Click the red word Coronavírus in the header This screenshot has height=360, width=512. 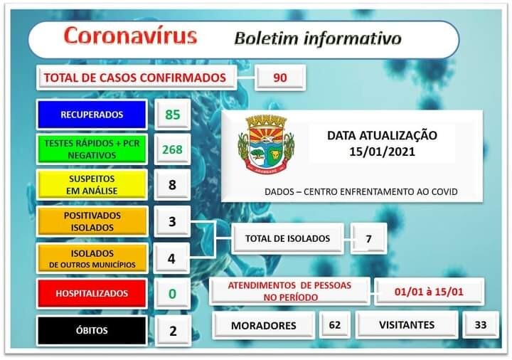(x=129, y=36)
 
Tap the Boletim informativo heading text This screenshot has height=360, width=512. (x=317, y=38)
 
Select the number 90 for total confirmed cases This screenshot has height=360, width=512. (x=280, y=78)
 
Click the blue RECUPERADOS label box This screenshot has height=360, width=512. (x=92, y=115)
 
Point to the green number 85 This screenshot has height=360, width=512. (x=172, y=115)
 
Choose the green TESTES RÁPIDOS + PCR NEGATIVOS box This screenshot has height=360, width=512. (x=92, y=149)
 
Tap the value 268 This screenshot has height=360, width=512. (x=172, y=149)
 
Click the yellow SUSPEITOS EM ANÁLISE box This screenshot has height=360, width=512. (x=92, y=185)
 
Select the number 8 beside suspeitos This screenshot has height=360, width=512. (x=172, y=185)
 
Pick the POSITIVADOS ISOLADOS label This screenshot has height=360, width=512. (x=92, y=221)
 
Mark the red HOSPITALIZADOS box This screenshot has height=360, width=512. (x=92, y=293)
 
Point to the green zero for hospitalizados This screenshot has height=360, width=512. (x=172, y=293)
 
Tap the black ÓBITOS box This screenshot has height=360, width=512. (x=92, y=330)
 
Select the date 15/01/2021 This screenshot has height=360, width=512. (x=382, y=151)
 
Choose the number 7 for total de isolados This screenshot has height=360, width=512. (x=368, y=239)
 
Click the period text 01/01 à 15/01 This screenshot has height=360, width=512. (x=429, y=290)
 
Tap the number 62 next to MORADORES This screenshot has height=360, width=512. (x=334, y=324)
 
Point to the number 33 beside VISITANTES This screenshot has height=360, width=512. (x=480, y=324)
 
